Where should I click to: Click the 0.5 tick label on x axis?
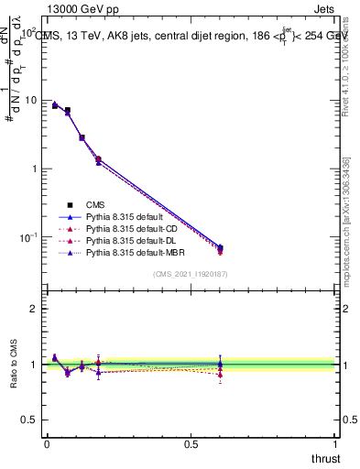(x=191, y=443)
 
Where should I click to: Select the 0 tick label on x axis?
(x=47, y=443)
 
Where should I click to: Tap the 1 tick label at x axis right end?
(x=335, y=443)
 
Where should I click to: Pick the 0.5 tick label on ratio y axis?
(x=28, y=420)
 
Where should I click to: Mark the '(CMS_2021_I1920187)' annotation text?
(x=189, y=273)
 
